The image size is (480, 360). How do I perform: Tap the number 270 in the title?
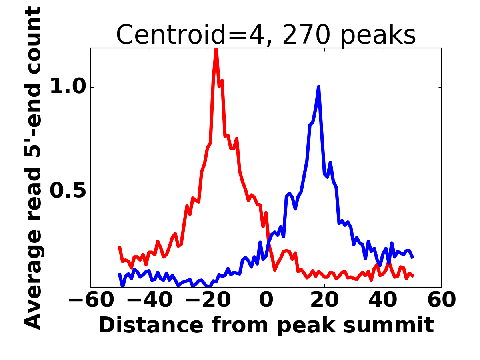tap(306, 35)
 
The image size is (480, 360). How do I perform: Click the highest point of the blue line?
tap(318, 86)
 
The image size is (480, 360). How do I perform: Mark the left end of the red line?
tap(119, 247)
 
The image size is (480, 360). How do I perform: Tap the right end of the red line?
tap(413, 276)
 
